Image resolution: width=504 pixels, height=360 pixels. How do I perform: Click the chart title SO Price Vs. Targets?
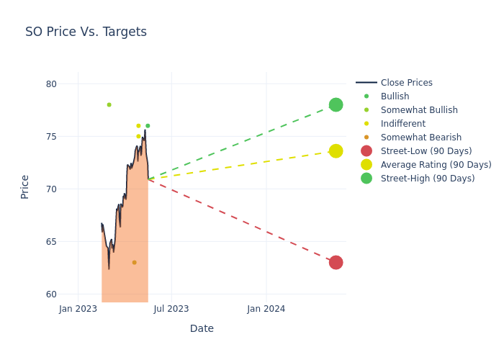[x=86, y=32]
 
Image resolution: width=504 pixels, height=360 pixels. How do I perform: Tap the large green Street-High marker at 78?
[x=336, y=104]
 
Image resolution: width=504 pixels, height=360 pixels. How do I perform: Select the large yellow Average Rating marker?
[x=336, y=150]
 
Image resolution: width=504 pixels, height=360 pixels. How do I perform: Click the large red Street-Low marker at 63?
[x=336, y=262]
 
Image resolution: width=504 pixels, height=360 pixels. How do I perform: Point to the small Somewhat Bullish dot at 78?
[x=109, y=104]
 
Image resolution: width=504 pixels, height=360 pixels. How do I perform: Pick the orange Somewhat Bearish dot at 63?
[x=134, y=262]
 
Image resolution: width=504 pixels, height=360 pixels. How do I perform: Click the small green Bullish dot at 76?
[x=148, y=126]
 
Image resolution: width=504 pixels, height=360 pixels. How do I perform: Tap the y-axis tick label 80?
[x=50, y=84]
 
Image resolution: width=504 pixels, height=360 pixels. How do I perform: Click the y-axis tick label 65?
[x=50, y=241]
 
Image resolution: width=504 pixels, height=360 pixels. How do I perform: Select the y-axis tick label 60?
[x=50, y=294]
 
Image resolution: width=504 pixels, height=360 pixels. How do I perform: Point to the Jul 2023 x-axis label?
[x=171, y=309]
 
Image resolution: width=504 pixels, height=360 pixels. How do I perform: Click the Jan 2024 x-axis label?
[x=266, y=309]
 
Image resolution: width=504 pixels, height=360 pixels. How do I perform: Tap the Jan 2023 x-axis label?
[x=78, y=309]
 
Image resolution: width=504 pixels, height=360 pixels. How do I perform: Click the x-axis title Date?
[x=202, y=328]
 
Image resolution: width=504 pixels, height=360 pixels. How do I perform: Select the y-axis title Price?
[x=25, y=186]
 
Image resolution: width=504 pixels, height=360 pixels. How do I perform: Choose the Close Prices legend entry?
[x=406, y=83]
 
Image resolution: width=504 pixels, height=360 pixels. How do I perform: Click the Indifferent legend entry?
[x=402, y=124]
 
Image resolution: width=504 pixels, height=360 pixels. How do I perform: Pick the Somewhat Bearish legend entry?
[x=420, y=138]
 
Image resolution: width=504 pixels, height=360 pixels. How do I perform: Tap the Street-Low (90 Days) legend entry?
[x=426, y=151]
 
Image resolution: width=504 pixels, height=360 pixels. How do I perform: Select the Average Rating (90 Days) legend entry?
[x=436, y=165]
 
